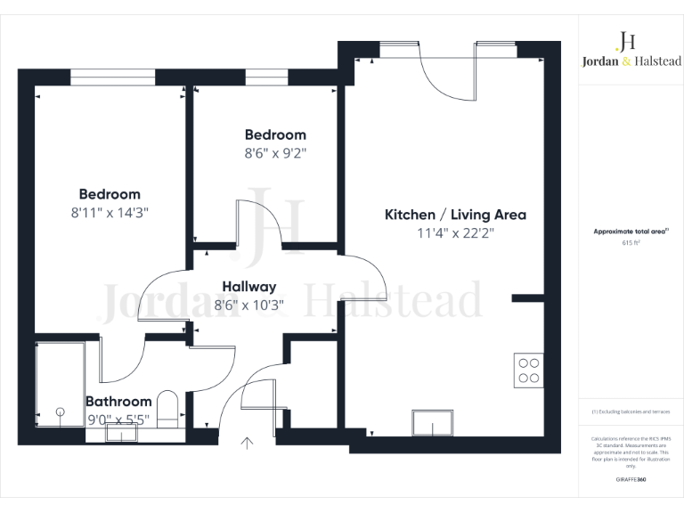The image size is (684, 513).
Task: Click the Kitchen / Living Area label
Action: pos(455,215)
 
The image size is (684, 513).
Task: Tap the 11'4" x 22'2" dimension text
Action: pos(455,235)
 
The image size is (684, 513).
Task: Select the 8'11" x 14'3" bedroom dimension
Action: pos(110,213)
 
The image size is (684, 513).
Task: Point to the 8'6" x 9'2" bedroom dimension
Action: pos(275,152)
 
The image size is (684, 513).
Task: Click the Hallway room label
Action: pos(248,287)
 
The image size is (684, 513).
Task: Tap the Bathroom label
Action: pos(118,402)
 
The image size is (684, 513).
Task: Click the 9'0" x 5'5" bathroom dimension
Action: pos(118,419)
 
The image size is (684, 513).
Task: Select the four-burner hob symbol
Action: pos(528,370)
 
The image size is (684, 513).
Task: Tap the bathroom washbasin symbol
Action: pos(120,434)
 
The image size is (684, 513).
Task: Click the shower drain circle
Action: pos(61,411)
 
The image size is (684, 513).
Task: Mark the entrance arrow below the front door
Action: pos(247,441)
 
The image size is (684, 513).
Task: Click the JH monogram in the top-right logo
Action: pos(626,40)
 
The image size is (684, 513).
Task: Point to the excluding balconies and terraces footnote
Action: pos(631,411)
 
